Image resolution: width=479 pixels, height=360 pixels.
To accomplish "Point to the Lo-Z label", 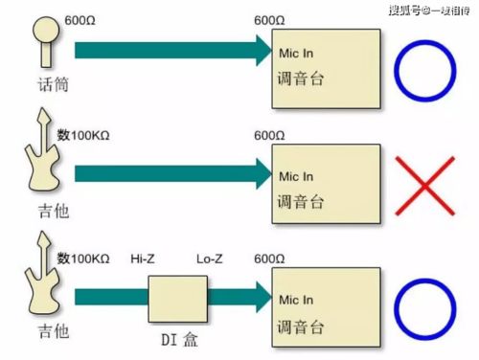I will [x=210, y=259].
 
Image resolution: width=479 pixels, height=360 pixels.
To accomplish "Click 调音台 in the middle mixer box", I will [x=300, y=202].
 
